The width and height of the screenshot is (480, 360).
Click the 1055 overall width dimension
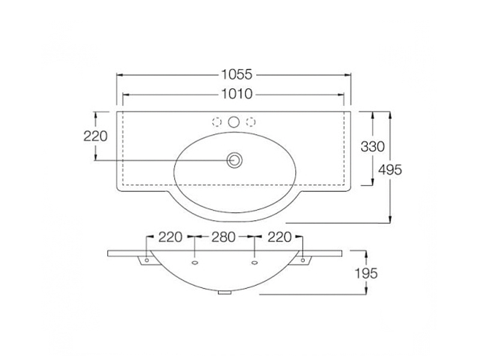[x=236, y=74]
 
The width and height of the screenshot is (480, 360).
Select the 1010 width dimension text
[x=236, y=94]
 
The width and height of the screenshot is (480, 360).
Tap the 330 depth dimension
[x=373, y=146]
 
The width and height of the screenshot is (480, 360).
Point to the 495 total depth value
[x=390, y=170]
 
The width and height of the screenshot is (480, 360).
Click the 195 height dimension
[x=366, y=273]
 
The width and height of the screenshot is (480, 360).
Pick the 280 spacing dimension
[x=223, y=237]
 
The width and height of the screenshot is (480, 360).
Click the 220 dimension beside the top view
[x=95, y=136]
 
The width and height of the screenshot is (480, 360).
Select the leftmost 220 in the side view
[x=170, y=237]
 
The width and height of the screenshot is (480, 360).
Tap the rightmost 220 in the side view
[x=280, y=237]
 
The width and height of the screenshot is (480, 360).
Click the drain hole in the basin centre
[x=235, y=160]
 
